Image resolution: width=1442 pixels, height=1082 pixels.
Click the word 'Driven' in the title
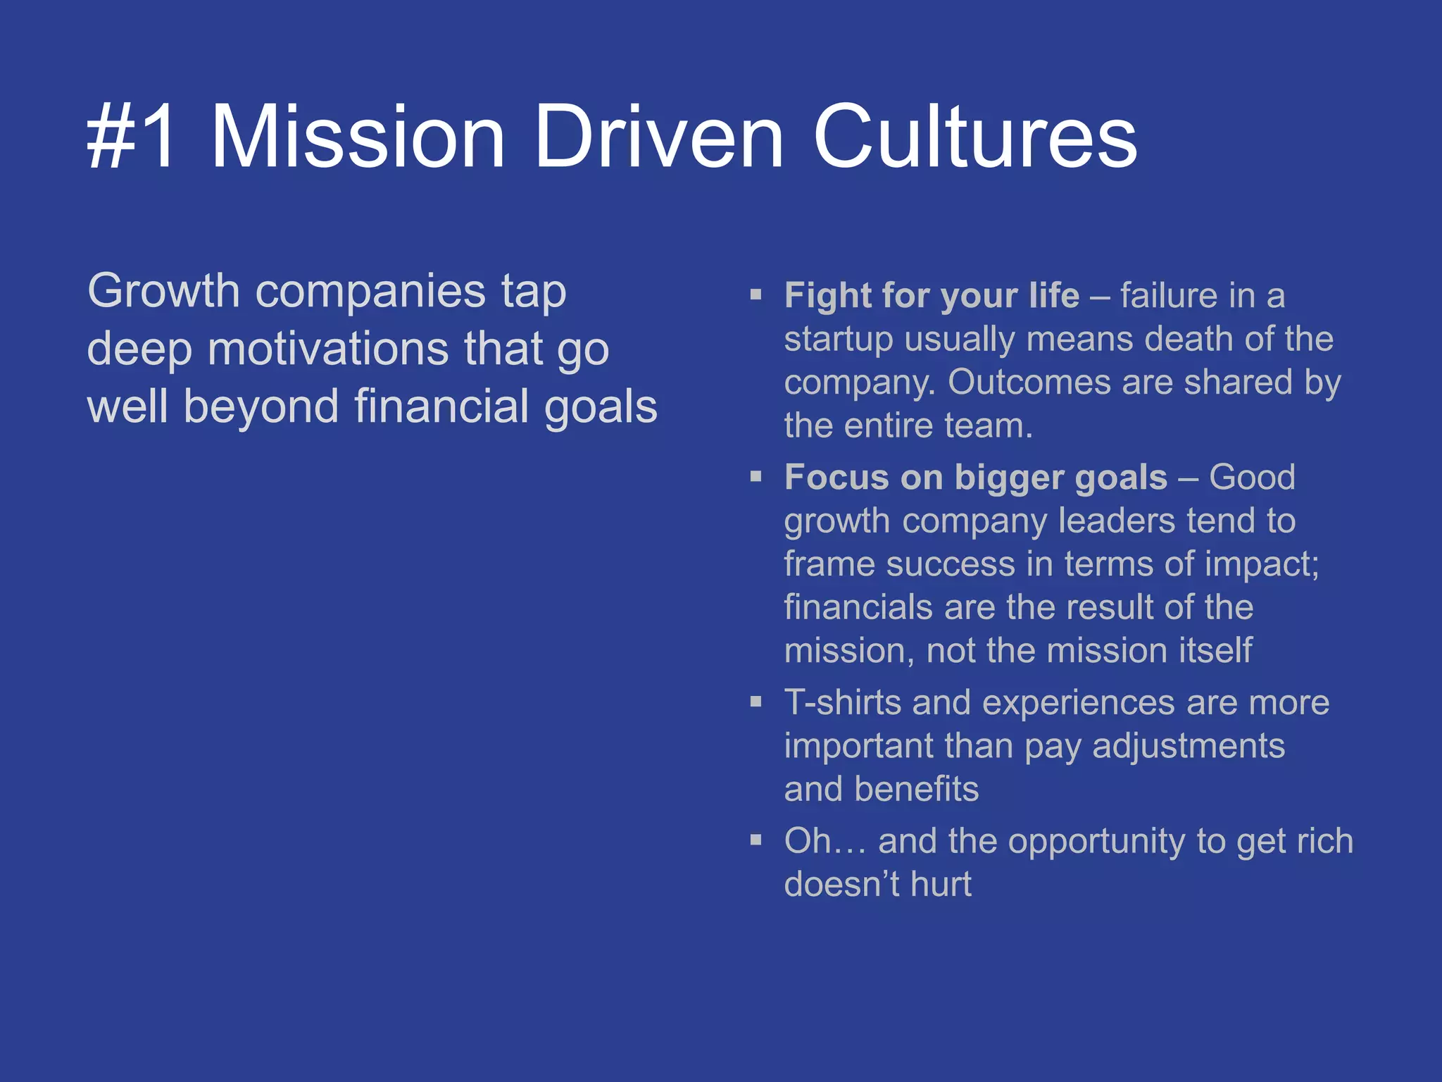click(x=658, y=137)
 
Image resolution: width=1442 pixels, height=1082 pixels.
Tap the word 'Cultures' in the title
click(x=974, y=137)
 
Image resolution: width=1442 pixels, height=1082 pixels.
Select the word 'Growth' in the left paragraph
click(x=163, y=291)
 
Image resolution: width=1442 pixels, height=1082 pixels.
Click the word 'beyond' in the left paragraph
click(x=261, y=406)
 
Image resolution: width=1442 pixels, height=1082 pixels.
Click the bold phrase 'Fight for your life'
click(x=932, y=295)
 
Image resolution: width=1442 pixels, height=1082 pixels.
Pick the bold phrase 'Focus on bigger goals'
click(x=976, y=477)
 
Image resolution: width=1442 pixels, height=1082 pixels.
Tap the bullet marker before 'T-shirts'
click(x=756, y=702)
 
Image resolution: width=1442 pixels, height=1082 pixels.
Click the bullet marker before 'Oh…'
click(x=756, y=840)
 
